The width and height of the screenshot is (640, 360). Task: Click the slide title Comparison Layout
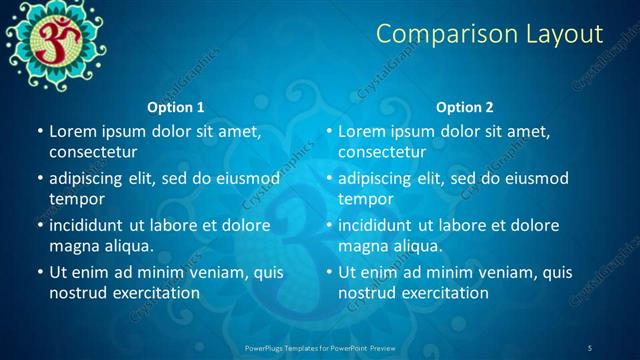[489, 34]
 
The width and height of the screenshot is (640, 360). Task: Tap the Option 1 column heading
[176, 107]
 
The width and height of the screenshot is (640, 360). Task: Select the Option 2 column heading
[465, 107]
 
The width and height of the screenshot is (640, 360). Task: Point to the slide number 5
[590, 347]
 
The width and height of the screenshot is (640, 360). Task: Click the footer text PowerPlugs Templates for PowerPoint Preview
[320, 347]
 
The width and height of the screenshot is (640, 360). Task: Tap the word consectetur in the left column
[93, 152]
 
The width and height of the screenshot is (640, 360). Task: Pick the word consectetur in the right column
[382, 152]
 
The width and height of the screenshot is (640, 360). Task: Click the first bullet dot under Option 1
[40, 132]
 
